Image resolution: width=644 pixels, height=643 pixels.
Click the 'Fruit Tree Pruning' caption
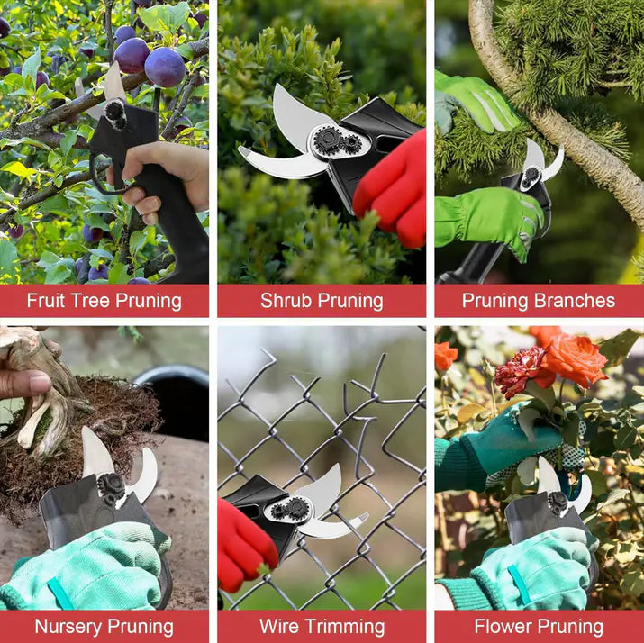[104, 301]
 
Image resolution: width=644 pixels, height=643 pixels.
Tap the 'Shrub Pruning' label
[322, 301]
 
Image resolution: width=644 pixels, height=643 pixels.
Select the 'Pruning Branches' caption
[539, 301]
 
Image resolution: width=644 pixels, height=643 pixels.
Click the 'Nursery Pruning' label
[104, 626]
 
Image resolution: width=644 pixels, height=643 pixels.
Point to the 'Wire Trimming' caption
[322, 626]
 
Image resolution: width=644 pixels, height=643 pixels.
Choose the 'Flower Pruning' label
[539, 626]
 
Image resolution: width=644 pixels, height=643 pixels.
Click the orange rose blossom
[574, 358]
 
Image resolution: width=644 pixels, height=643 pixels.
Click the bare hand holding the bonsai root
[22, 382]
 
